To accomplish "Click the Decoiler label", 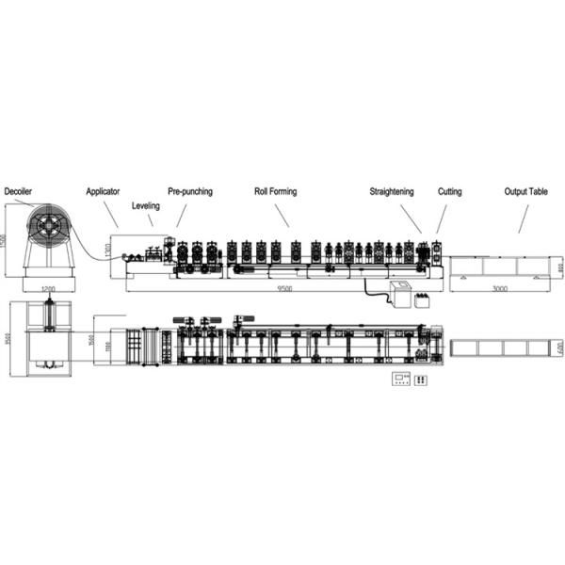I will (19, 191).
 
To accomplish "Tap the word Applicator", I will (103, 191).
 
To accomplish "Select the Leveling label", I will (145, 204).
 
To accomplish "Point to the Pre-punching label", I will (190, 191).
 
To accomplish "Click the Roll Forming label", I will (275, 191).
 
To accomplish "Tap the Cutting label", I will (449, 191).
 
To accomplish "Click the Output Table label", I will (525, 191).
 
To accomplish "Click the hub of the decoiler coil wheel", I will (48, 227).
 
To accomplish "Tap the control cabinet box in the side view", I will (403, 295).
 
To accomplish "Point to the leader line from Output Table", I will (522, 218).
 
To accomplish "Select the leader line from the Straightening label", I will (411, 218).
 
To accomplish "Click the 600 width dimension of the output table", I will (558, 347).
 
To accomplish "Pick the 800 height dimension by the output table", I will (557, 268).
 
